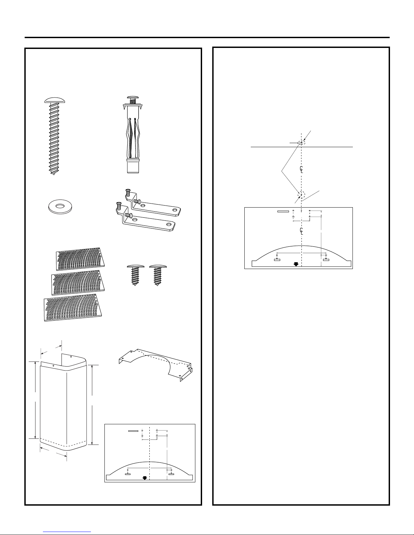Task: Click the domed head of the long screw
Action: [x=55, y=100]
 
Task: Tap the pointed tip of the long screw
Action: [x=54, y=174]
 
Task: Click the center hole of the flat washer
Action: [x=60, y=206]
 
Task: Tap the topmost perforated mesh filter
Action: [x=80, y=259]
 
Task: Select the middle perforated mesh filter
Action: [x=78, y=283]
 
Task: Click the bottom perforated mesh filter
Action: [x=73, y=307]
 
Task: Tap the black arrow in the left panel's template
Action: [x=145, y=478]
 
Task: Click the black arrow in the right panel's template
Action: [x=296, y=264]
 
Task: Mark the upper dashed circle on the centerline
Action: [x=301, y=142]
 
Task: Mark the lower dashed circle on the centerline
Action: [x=301, y=195]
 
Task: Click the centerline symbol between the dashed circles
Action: [x=301, y=169]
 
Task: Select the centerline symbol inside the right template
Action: [x=301, y=231]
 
